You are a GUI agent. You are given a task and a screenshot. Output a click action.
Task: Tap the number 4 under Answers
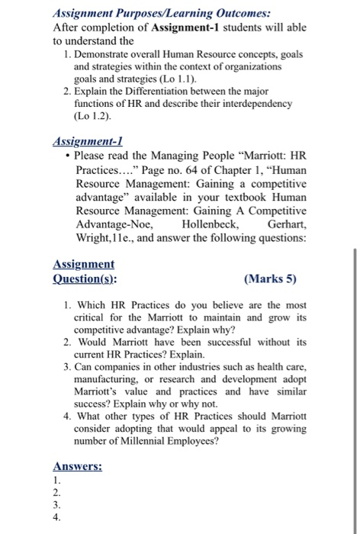click(x=57, y=516)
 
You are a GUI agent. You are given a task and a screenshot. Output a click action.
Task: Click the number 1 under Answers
click(x=56, y=481)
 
